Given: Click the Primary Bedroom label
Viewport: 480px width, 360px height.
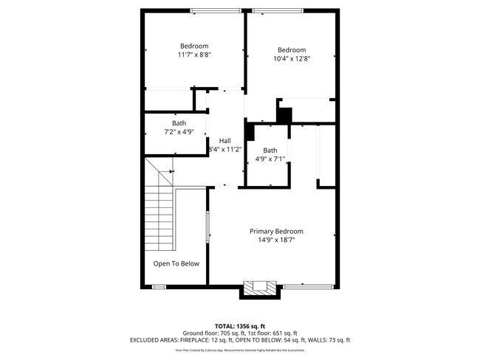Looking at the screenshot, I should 281,231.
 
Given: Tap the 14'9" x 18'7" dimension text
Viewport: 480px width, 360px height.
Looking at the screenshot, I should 281,240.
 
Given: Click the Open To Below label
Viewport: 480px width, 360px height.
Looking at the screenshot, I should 176,263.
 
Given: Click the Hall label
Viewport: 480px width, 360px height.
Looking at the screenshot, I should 224,140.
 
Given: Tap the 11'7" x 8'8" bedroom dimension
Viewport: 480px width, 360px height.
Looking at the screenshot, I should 194,55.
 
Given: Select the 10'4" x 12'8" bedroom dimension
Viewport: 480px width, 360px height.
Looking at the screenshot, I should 292,59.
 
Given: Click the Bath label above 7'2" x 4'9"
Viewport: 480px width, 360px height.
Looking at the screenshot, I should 179,123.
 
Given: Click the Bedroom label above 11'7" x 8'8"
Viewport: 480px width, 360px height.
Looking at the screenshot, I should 194,45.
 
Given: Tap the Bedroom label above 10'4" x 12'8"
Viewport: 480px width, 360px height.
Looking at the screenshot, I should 292,50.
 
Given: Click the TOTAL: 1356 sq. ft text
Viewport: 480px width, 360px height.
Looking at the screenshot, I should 240,325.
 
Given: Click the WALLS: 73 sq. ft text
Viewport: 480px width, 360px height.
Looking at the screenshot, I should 328,340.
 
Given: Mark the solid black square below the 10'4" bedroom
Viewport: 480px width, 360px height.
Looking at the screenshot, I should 284,116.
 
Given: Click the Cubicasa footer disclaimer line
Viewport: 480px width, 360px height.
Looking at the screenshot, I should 240,350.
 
